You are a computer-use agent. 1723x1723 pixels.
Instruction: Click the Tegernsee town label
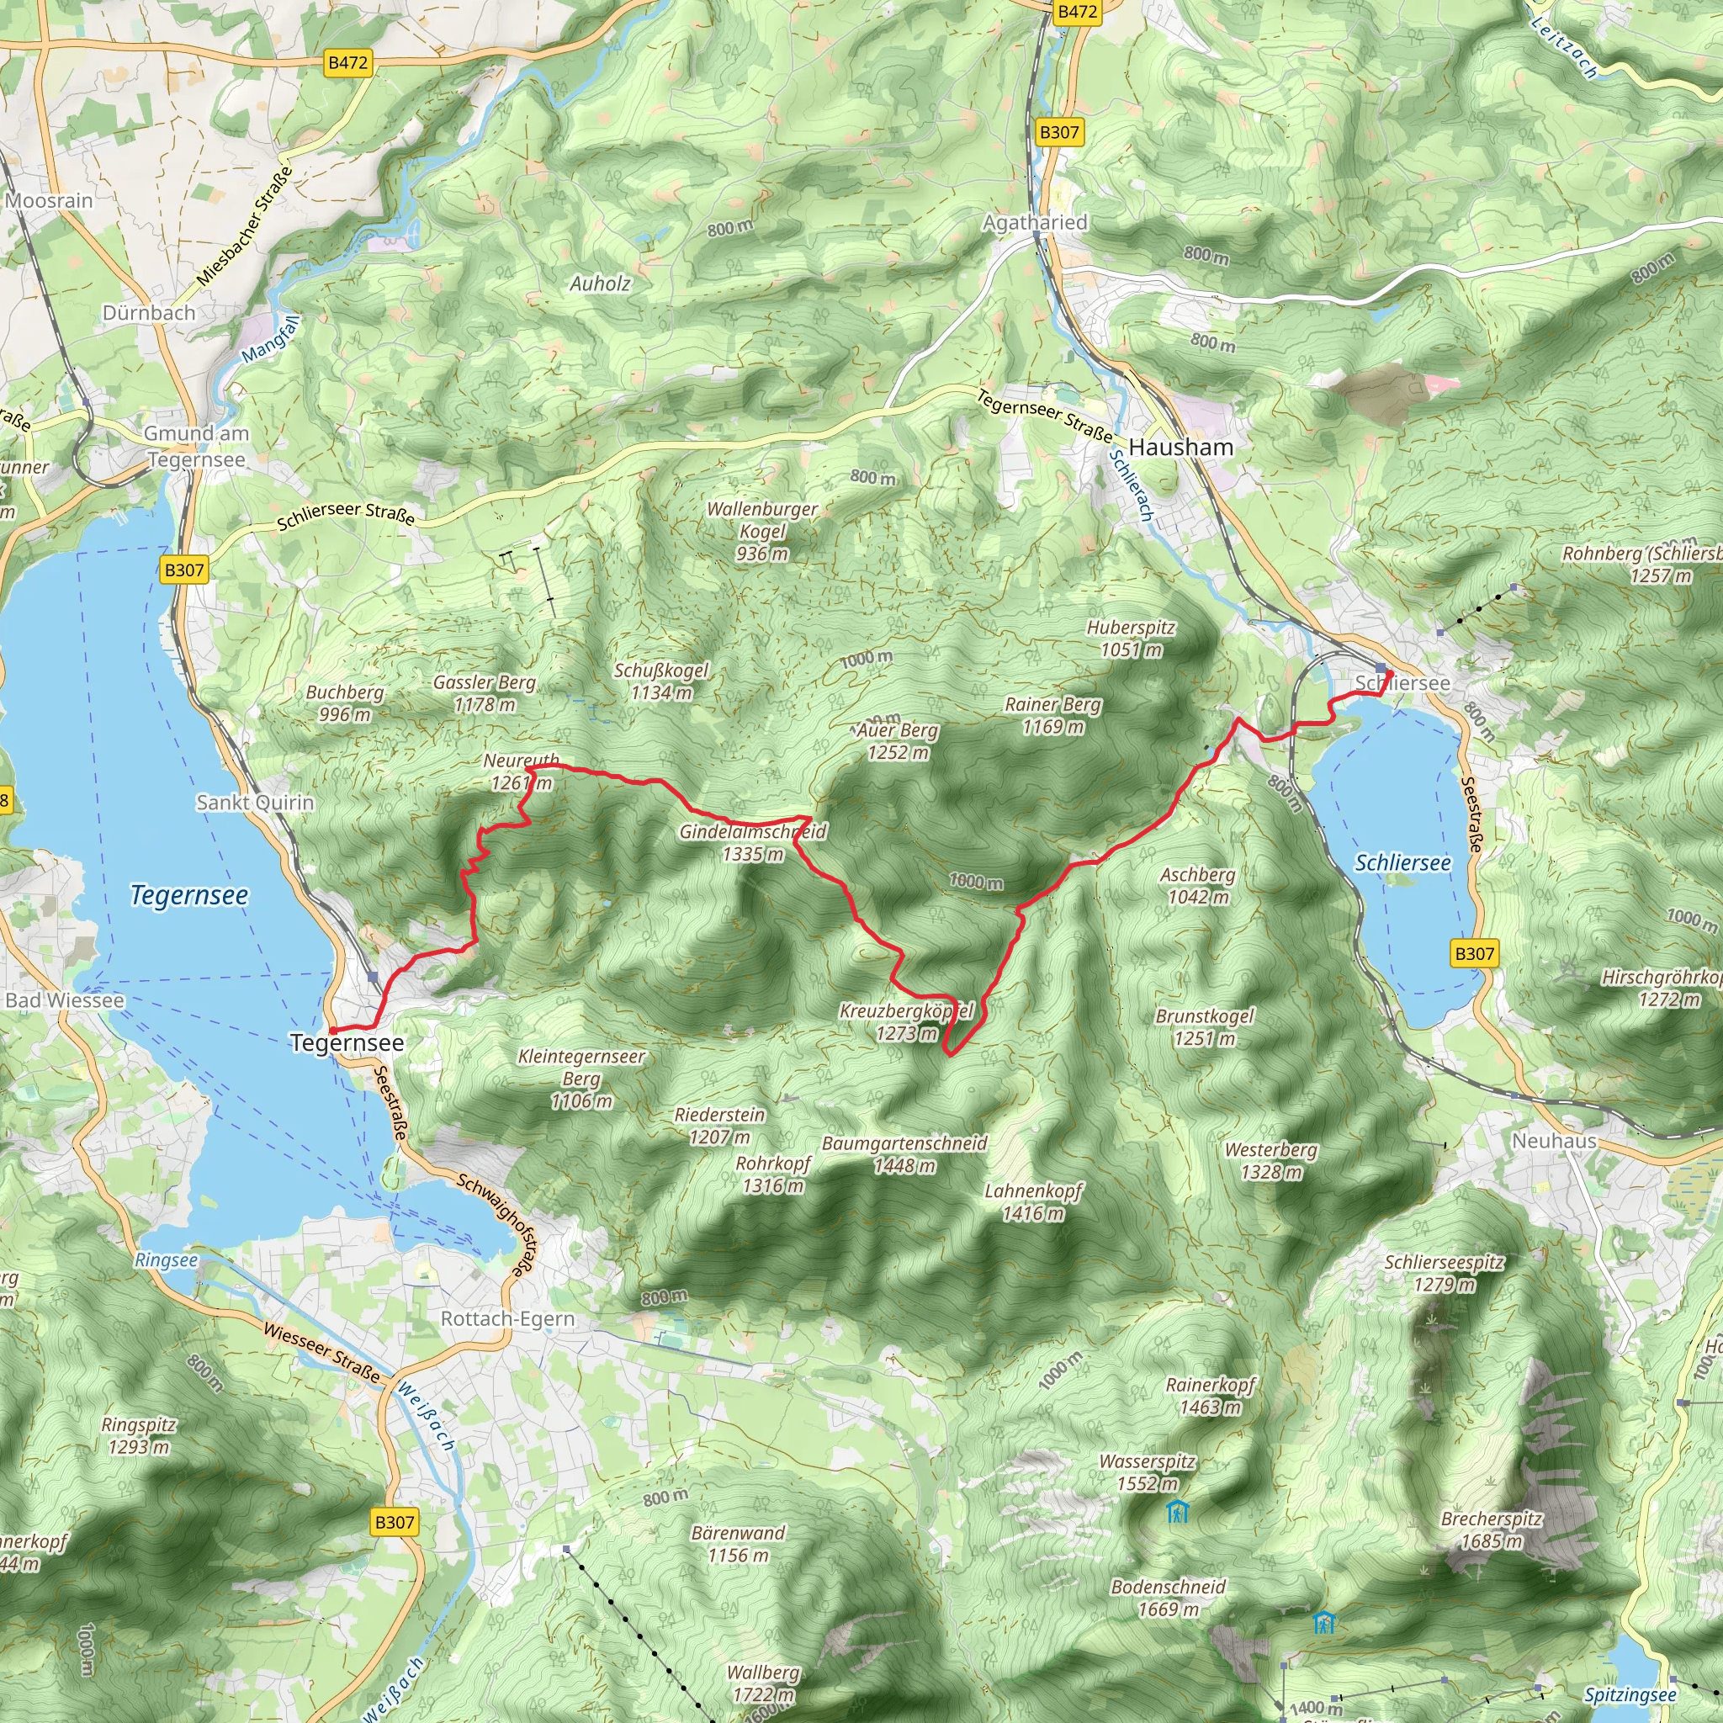347,1042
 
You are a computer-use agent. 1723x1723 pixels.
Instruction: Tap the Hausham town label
1180,448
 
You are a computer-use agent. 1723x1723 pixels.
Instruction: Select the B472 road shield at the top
1076,12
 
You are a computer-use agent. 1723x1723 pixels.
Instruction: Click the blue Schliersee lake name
1402,862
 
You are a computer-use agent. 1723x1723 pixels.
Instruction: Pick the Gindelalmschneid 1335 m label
753,843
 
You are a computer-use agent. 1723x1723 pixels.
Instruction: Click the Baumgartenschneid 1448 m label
904,1154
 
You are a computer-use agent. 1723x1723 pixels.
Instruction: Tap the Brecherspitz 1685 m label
1491,1529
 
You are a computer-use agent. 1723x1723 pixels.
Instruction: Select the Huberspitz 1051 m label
1131,639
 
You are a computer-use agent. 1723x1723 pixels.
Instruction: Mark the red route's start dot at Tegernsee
332,1030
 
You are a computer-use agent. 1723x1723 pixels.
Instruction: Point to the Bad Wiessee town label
64,999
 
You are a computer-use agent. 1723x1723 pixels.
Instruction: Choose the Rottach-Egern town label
507,1318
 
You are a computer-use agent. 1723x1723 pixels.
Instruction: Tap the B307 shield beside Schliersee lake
1474,953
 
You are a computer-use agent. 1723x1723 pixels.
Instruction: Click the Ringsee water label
166,1260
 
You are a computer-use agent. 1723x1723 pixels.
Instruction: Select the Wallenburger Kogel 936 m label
761,531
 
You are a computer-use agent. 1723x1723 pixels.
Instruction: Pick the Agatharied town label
1035,222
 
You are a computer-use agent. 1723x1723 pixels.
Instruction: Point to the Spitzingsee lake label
1630,1694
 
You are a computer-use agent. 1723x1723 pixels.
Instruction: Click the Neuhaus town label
1554,1141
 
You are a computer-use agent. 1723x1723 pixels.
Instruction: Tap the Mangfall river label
270,340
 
